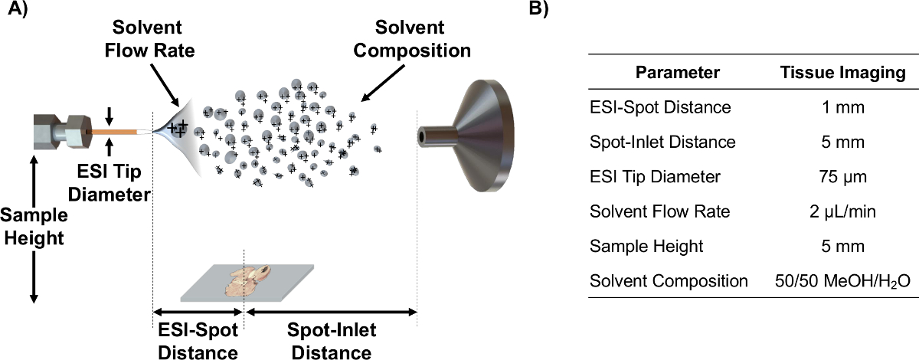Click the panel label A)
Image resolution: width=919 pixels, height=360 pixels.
coord(16,13)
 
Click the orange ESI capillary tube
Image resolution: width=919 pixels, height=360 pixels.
coord(112,133)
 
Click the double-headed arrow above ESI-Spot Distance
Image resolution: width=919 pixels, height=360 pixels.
coord(198,312)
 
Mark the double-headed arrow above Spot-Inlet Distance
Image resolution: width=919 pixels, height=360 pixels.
coord(330,312)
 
